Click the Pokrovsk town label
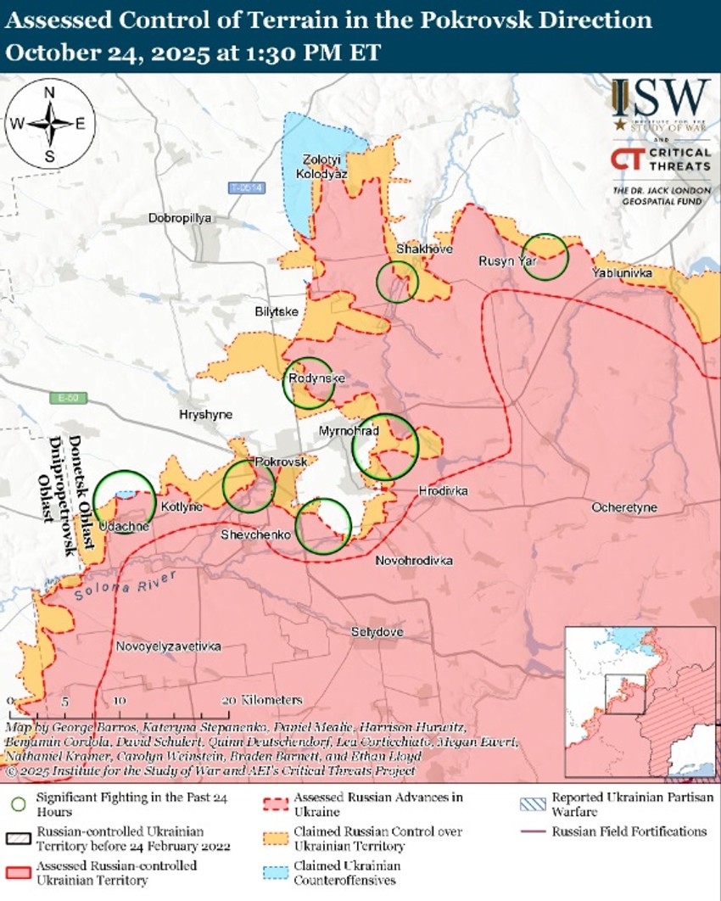[280, 461]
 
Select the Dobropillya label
[179, 218]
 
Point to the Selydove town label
[377, 632]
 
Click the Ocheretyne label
[628, 506]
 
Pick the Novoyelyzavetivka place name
[169, 646]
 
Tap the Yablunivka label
[622, 273]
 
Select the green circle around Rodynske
[309, 383]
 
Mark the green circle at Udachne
[124, 502]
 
